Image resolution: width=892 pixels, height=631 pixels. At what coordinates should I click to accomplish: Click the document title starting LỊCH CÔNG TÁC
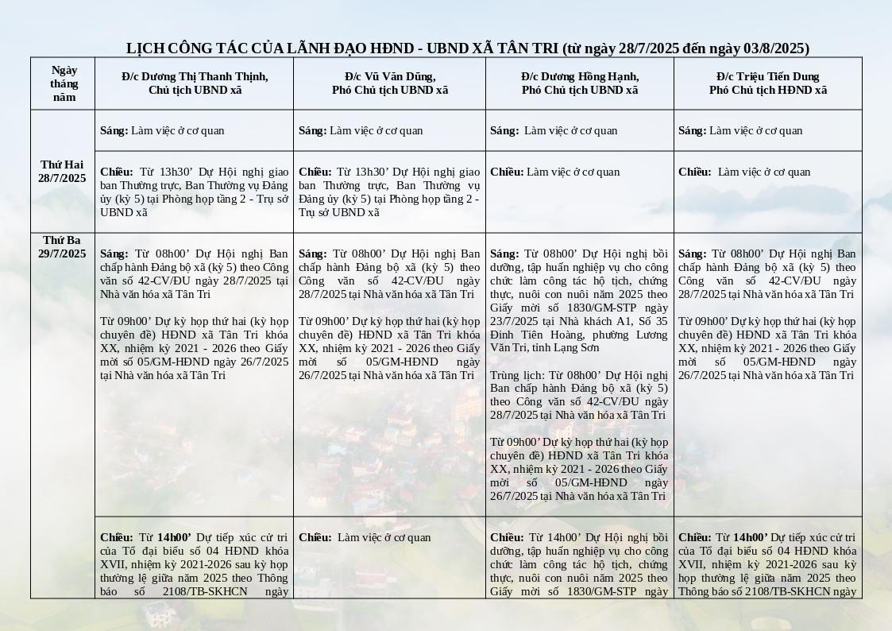click(467, 48)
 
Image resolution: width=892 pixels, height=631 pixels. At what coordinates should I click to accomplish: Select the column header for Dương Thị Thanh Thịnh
click(195, 83)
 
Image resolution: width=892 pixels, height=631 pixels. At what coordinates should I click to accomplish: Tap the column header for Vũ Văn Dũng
click(389, 83)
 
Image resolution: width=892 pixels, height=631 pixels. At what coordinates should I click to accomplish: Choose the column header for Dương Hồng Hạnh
click(580, 83)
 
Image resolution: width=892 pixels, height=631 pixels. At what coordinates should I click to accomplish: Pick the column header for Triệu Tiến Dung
click(768, 83)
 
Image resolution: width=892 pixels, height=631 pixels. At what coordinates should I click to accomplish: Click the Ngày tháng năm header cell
click(64, 83)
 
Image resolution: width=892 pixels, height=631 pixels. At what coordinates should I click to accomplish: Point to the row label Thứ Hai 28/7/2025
click(62, 171)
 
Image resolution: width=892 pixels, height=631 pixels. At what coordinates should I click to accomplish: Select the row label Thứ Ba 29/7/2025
click(62, 246)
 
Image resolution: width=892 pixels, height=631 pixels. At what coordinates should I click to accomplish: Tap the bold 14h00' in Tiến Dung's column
click(751, 537)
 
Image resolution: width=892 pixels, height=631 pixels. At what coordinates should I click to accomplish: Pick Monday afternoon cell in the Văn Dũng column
click(389, 192)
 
